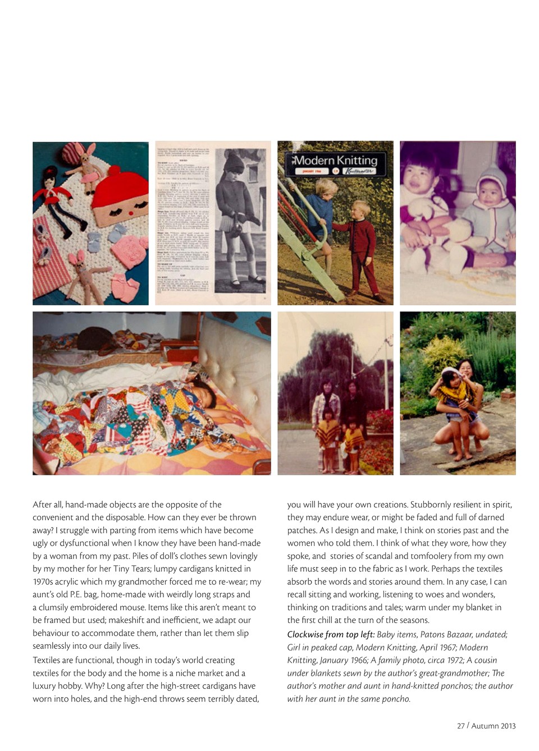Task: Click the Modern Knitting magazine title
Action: pyautogui.click(x=336, y=161)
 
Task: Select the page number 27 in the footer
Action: pyautogui.click(x=460, y=726)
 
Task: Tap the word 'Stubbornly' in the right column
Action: pyautogui.click(x=431, y=505)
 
